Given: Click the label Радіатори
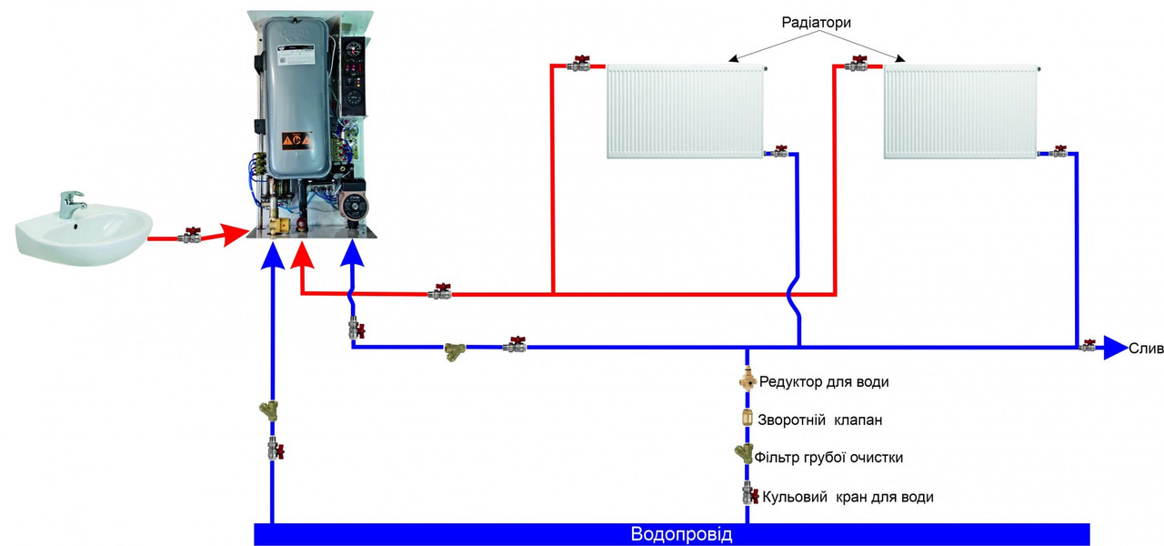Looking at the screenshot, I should tap(816, 23).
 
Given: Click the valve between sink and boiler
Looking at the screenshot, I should tap(190, 235).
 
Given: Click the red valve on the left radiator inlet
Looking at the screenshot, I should tap(579, 65).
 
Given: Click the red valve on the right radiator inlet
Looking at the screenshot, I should tap(857, 65).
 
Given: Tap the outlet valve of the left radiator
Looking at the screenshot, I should tap(779, 152).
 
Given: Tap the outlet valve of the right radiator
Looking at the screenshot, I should tap(1058, 152).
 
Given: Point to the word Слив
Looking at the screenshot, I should tap(1146, 349).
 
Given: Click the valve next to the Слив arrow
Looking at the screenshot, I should tap(1089, 345).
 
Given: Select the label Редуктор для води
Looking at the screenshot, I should tap(823, 382).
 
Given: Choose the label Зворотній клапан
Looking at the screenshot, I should tap(820, 420).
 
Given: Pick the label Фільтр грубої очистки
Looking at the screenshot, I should tap(828, 458).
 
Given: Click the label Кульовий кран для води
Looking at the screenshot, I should tap(848, 497).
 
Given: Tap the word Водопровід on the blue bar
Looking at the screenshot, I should tap(681, 535).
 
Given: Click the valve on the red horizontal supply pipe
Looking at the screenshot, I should tap(441, 292).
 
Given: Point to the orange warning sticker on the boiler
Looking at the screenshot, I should tap(294, 140).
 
